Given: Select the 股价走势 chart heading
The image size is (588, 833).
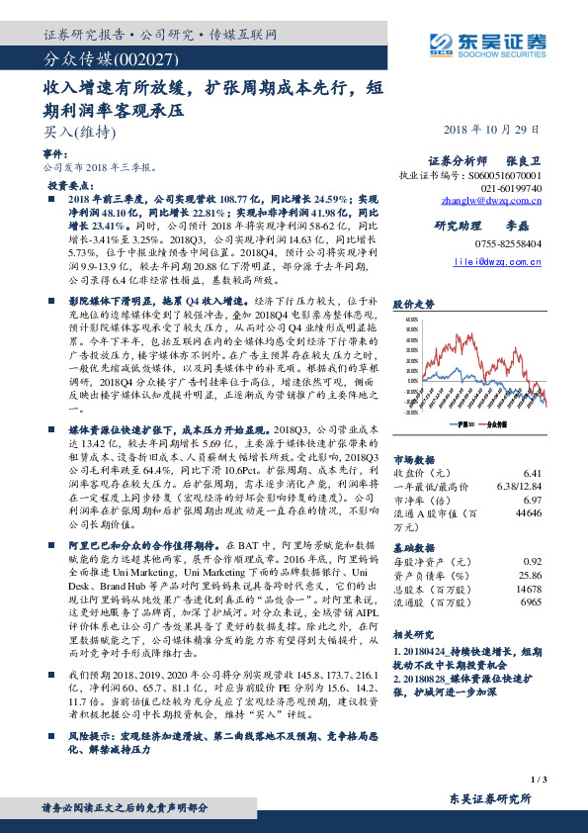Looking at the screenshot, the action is click(414, 304).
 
